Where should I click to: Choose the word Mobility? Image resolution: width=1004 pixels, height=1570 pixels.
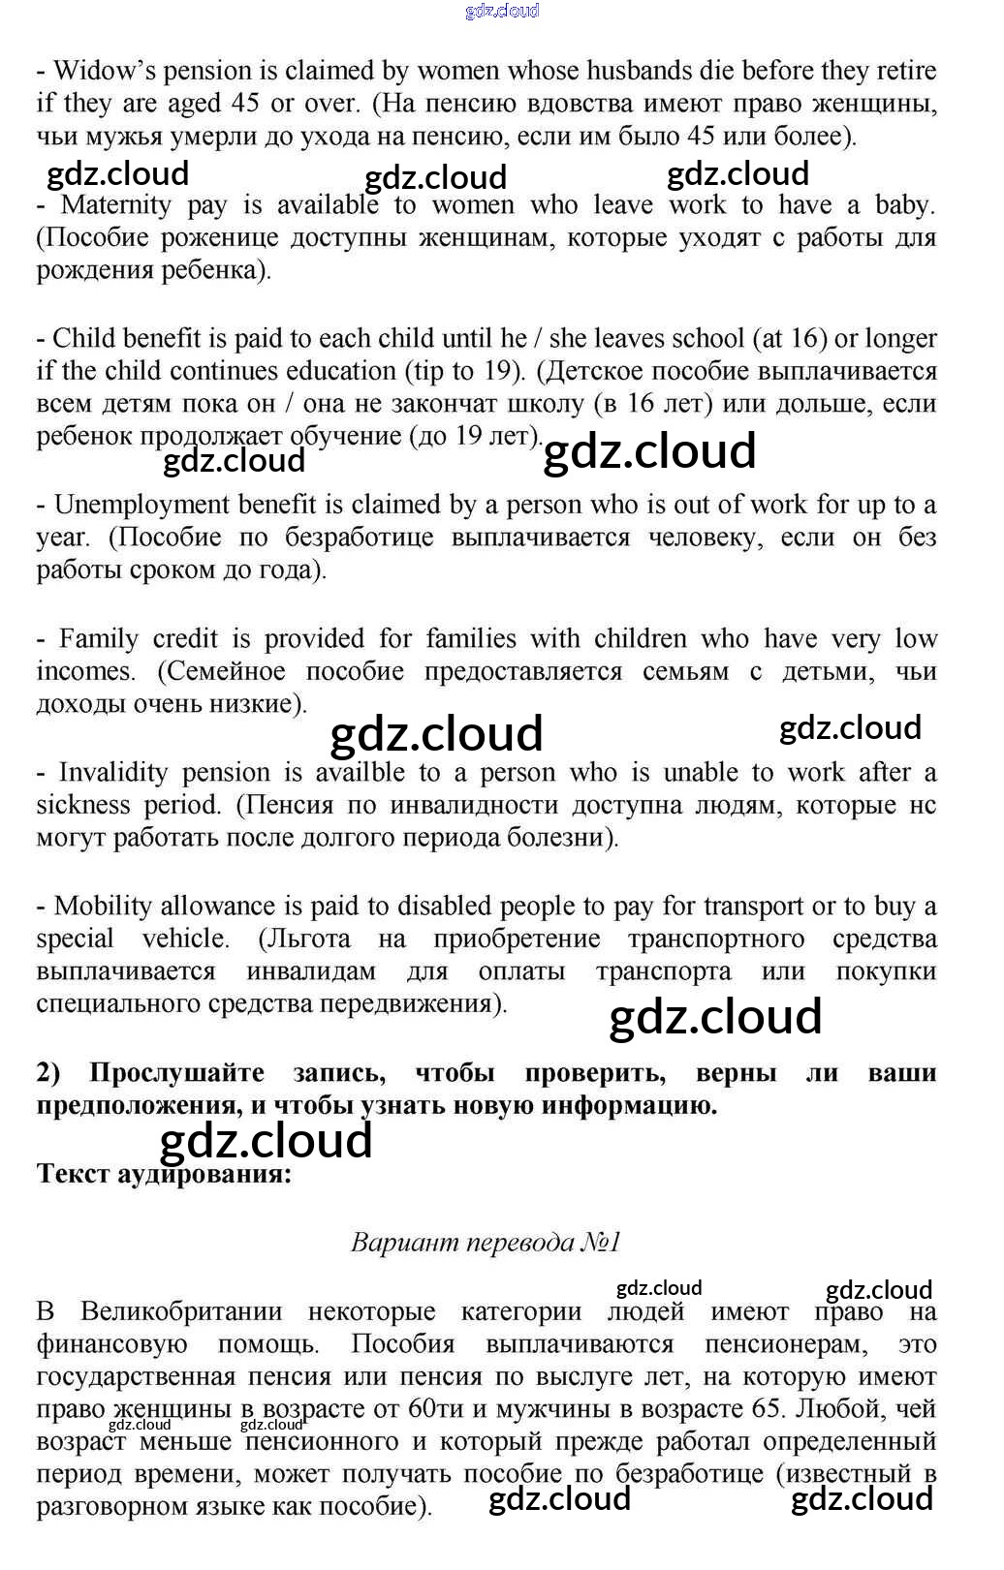pyautogui.click(x=102, y=907)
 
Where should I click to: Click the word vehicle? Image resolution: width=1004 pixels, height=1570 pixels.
pyautogui.click(x=185, y=939)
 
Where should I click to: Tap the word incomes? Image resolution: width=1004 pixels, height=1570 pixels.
pyautogui.click(x=85, y=671)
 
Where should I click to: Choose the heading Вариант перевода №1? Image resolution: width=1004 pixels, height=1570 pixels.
pyautogui.click(x=486, y=1243)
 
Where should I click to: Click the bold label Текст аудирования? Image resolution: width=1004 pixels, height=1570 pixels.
pyautogui.click(x=164, y=1174)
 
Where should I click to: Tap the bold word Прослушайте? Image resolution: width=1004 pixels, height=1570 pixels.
pyautogui.click(x=176, y=1073)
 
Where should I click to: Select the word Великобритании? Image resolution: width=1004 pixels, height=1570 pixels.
pyautogui.click(x=181, y=1312)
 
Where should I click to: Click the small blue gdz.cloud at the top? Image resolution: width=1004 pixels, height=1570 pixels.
pyautogui.click(x=502, y=11)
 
